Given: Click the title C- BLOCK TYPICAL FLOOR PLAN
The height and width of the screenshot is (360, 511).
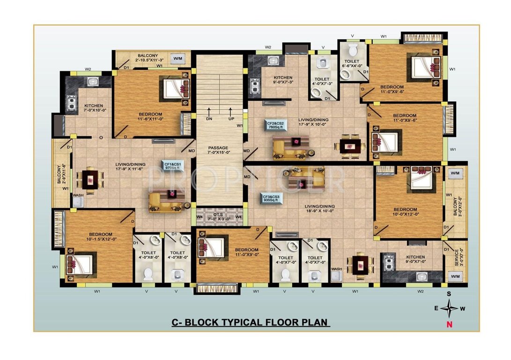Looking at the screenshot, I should [x=249, y=322].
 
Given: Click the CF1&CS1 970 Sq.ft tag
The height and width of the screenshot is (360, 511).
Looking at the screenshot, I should [x=172, y=165].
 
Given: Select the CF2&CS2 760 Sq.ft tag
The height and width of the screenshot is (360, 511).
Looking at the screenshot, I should [x=276, y=124].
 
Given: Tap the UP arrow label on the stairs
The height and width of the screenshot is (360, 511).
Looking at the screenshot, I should [x=230, y=119].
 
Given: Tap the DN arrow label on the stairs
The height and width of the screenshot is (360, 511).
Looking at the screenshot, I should [x=208, y=119].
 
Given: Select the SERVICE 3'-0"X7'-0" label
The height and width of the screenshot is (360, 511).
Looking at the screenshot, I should [x=457, y=258].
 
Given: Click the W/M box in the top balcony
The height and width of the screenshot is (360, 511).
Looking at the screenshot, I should [x=178, y=59].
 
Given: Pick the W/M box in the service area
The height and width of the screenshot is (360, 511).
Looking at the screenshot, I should [x=455, y=277].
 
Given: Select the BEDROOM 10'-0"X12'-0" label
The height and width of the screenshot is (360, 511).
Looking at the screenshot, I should [x=405, y=212].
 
